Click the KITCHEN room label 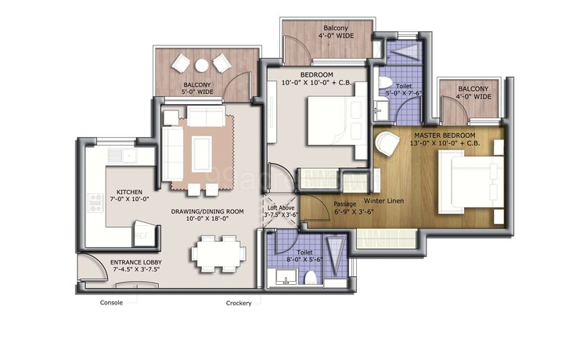coord(128,196)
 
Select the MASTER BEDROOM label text coord(444,139)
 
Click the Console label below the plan coord(112,303)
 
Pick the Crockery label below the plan coord(238,303)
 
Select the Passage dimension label coord(331,207)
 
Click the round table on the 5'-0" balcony coord(201,65)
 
